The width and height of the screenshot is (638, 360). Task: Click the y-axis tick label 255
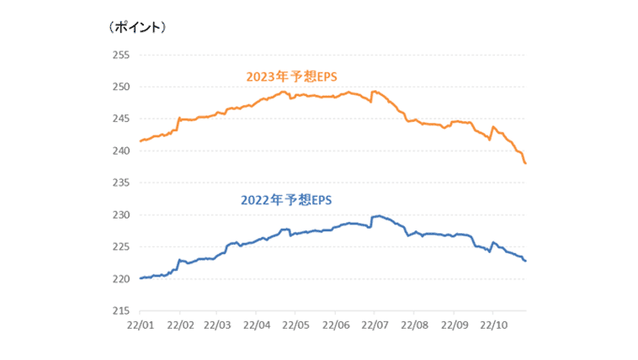[120, 55]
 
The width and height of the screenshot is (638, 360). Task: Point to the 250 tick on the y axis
[120, 87]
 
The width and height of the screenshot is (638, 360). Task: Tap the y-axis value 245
[120, 119]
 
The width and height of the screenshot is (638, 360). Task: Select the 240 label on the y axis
[120, 151]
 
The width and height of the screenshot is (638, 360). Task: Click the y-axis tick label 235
[120, 183]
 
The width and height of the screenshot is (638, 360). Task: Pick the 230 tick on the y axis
[120, 214]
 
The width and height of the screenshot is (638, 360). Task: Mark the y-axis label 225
[120, 246]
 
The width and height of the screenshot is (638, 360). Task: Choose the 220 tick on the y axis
[120, 278]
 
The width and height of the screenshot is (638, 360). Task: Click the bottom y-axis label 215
[120, 310]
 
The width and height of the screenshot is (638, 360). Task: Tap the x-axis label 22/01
[140, 324]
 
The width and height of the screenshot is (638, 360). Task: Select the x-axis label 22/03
[217, 324]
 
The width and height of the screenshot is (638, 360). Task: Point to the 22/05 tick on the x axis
[296, 324]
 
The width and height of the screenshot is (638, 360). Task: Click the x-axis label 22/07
[375, 324]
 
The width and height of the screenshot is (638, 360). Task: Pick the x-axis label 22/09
[454, 324]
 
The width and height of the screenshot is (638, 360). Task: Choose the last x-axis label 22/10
[493, 324]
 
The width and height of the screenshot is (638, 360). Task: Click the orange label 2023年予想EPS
[291, 77]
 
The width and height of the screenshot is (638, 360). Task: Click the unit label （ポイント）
[137, 27]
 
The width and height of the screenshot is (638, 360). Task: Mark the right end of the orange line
[525, 163]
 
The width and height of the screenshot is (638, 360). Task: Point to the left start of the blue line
[140, 278]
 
